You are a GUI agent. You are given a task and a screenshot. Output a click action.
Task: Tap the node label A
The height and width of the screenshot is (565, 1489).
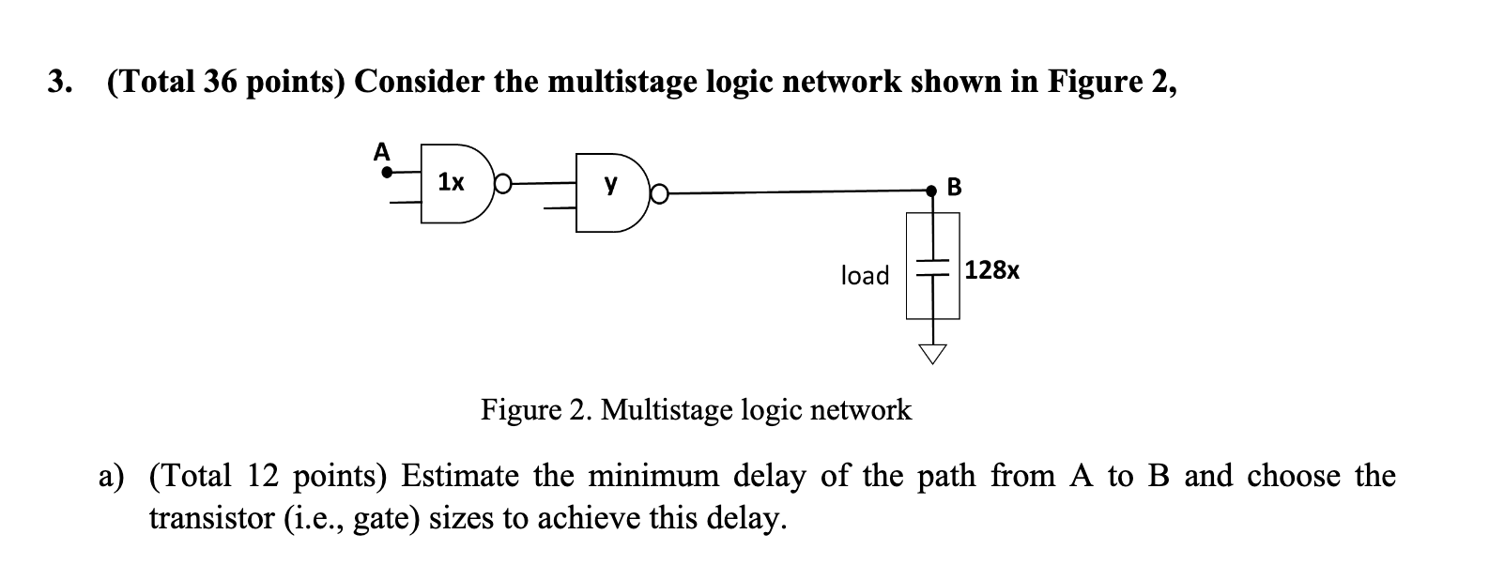click(381, 151)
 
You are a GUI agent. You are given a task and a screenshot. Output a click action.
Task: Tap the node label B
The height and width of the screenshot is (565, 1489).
click(955, 188)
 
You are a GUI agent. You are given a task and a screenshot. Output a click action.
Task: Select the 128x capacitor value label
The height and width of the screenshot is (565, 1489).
click(992, 271)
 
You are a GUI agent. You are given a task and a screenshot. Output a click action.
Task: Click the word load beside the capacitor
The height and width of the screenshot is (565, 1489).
click(864, 275)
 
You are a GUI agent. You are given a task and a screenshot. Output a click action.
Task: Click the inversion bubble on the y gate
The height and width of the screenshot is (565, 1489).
click(660, 194)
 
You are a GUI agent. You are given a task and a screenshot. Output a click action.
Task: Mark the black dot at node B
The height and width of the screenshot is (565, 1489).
click(932, 191)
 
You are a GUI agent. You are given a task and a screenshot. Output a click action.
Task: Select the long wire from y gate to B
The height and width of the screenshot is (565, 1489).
click(798, 192)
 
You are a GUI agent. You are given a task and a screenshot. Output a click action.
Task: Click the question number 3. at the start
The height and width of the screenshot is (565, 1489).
click(59, 84)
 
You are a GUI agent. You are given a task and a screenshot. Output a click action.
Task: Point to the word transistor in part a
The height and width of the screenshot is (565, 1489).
click(210, 519)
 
